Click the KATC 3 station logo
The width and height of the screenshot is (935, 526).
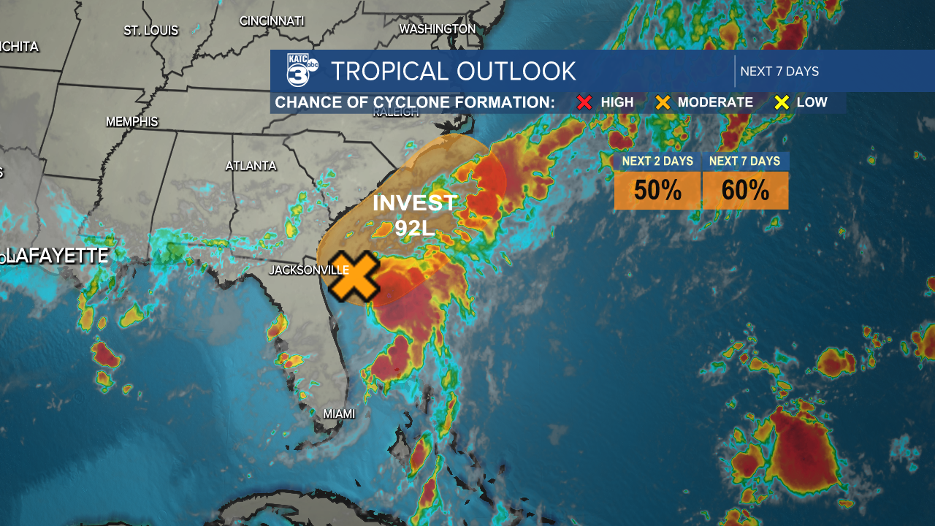coord(302,71)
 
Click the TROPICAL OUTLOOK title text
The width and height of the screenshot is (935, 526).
coord(453,71)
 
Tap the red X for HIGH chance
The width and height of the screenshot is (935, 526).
coord(584,102)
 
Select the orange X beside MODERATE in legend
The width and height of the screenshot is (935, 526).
coord(663,102)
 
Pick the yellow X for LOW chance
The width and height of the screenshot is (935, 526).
coord(782,102)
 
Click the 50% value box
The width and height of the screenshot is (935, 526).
coord(657,191)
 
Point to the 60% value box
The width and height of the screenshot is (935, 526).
coord(745,191)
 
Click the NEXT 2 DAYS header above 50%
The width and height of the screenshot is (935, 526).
coord(657,161)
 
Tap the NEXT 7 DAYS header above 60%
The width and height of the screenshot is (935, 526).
coord(745,161)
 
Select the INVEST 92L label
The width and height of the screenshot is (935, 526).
coord(414,215)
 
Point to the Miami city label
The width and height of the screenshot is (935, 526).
coord(339,413)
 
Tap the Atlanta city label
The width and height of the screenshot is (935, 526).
coord(251,166)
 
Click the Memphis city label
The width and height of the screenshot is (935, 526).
coord(131,121)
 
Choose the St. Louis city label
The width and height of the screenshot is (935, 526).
coord(150,31)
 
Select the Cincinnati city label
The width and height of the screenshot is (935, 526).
coord(272,20)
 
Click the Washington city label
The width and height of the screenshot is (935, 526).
coord(438,28)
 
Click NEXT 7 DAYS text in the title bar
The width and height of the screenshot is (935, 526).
coord(779,71)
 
